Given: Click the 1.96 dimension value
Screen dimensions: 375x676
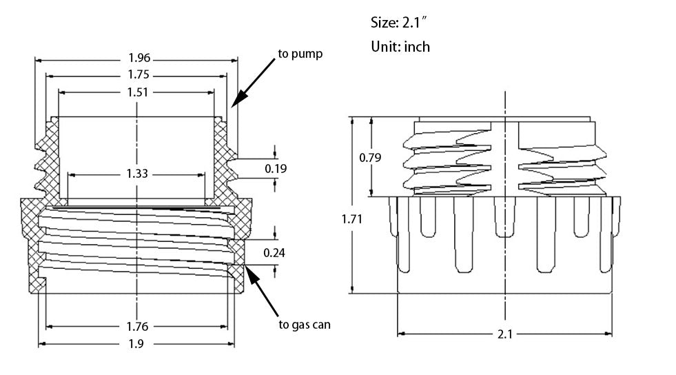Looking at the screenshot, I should [x=136, y=59].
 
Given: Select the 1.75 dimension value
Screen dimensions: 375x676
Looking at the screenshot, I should [x=136, y=75].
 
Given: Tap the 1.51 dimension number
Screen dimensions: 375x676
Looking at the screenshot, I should [x=136, y=92].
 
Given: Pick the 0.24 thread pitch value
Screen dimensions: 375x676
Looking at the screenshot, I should [x=274, y=252].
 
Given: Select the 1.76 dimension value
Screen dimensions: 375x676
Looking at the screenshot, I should [x=136, y=326].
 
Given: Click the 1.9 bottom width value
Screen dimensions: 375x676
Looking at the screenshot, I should [x=136, y=344].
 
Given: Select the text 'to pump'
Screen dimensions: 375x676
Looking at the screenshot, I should [x=299, y=53].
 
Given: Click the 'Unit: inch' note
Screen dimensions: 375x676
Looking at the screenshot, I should [x=400, y=47].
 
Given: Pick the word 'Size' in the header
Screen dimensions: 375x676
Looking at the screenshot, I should [x=382, y=23].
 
